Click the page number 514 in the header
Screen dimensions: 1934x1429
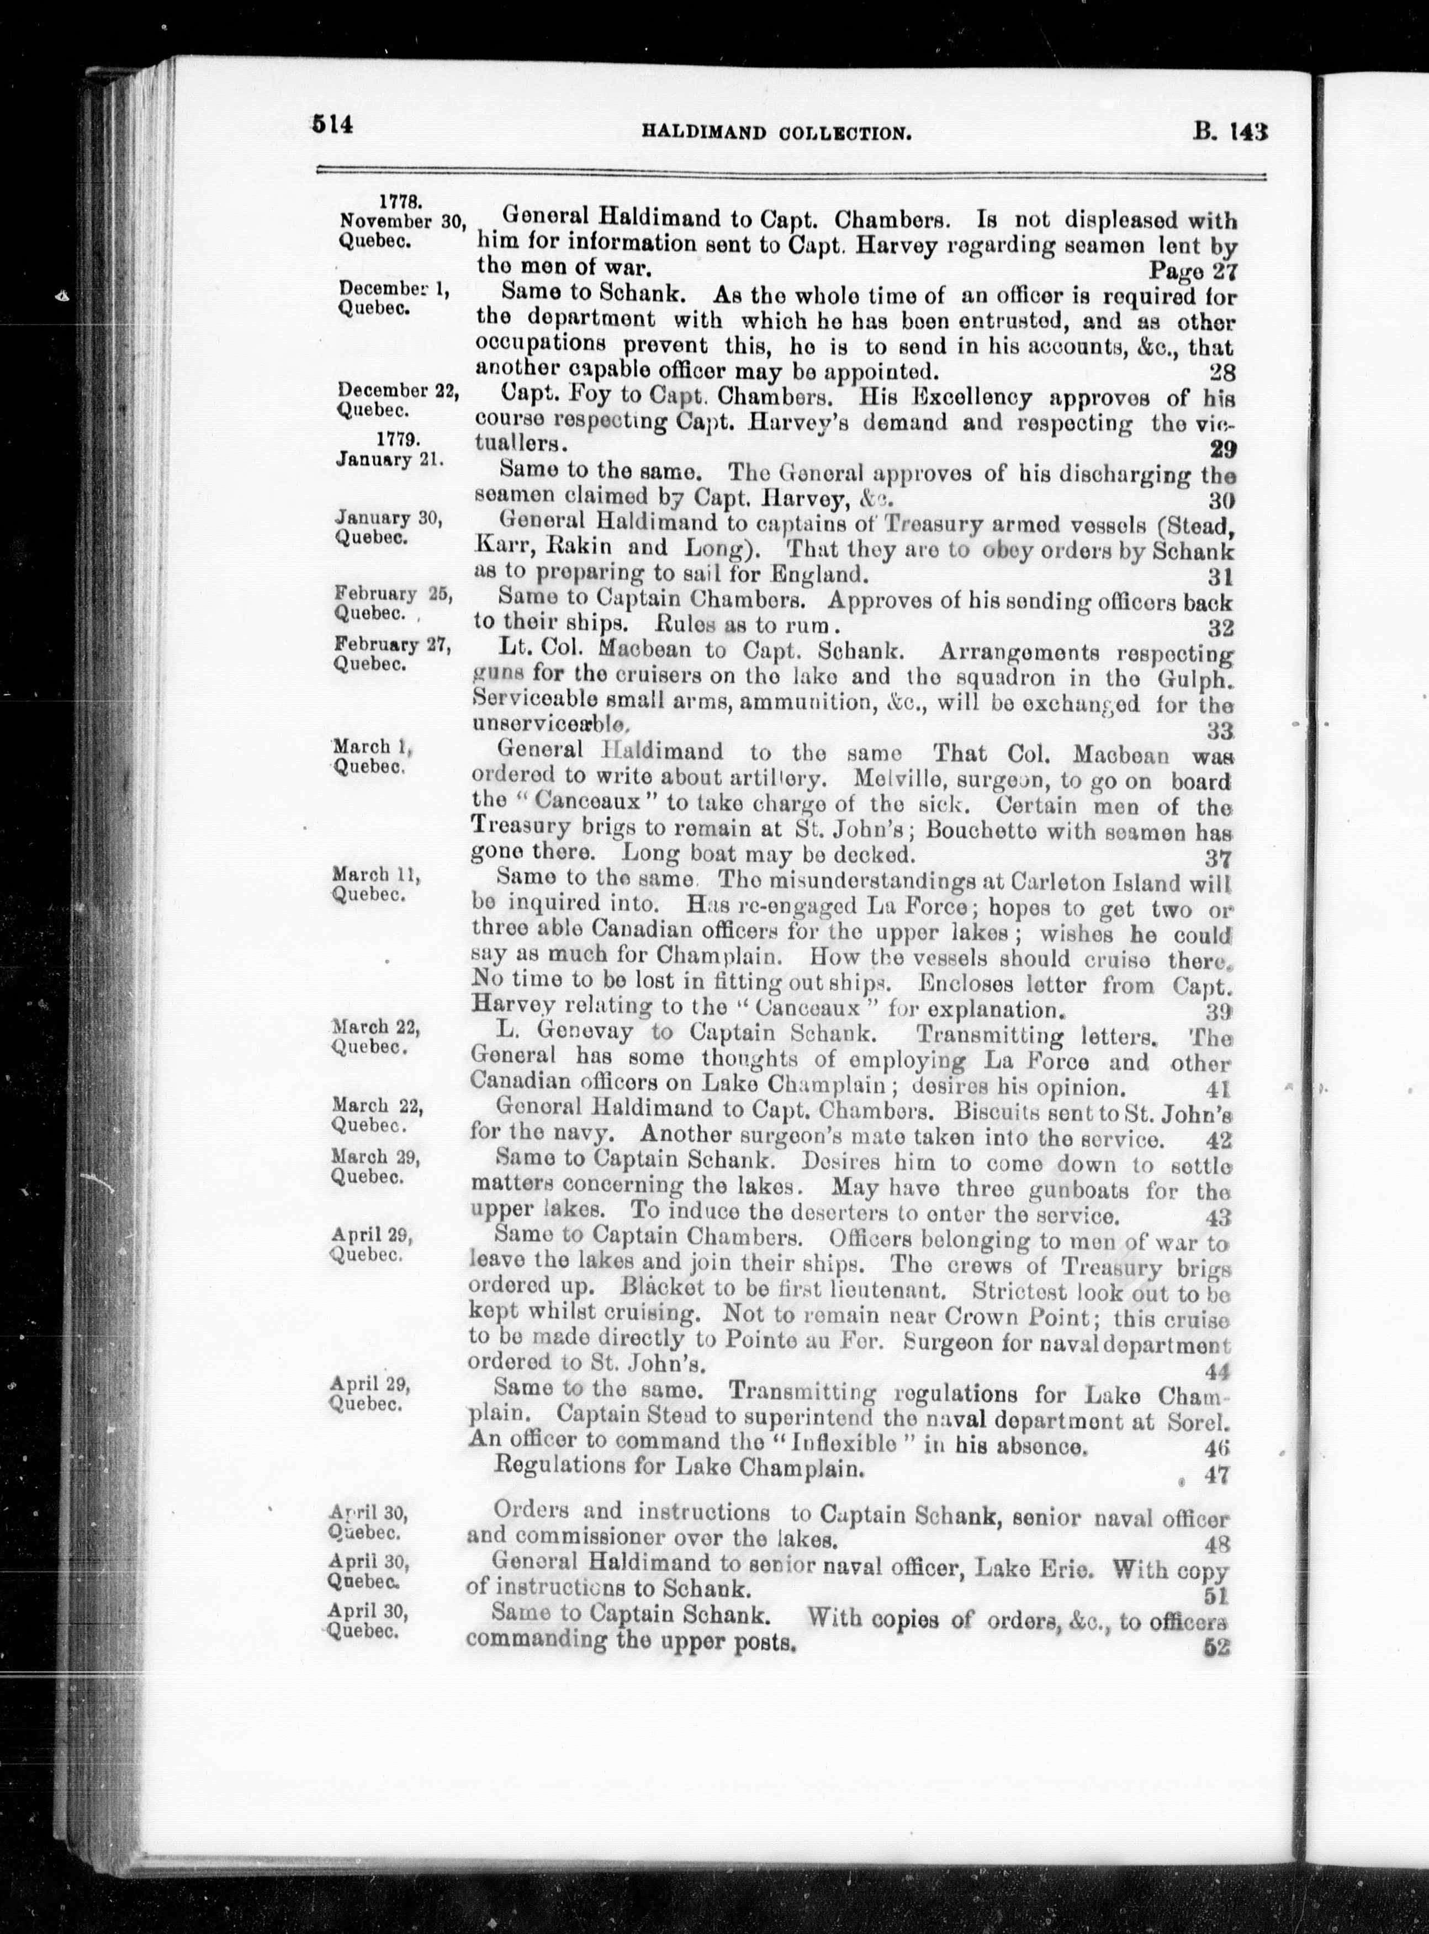(x=333, y=125)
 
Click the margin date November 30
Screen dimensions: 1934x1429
(x=402, y=220)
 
